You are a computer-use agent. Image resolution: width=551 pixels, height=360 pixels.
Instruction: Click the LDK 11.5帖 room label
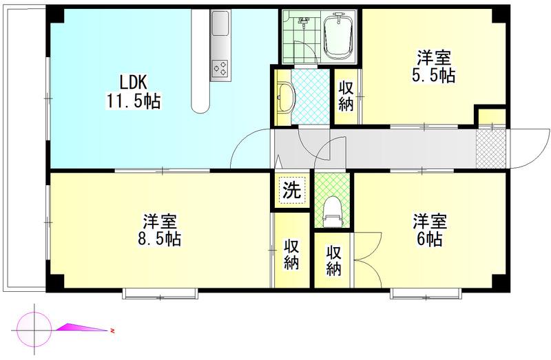(134, 92)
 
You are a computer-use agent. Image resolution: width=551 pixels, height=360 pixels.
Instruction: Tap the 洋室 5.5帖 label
(434, 67)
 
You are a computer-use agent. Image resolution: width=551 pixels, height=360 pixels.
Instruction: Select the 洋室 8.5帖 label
(160, 230)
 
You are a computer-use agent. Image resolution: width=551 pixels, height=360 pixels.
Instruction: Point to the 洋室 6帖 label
(429, 230)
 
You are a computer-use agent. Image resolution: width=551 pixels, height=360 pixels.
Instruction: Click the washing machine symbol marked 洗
(292, 191)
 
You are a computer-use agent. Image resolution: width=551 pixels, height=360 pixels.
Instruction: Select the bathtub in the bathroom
(339, 36)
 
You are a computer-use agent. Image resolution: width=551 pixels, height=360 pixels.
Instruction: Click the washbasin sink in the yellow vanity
(285, 98)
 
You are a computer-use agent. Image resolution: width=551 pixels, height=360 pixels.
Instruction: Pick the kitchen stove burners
(220, 68)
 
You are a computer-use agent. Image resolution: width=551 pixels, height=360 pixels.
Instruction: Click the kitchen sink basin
(220, 23)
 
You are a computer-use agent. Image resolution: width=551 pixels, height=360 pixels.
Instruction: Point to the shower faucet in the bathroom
(302, 22)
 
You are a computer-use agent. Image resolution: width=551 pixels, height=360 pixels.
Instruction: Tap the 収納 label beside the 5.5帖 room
(346, 96)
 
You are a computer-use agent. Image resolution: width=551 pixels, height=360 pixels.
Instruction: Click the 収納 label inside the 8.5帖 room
(291, 255)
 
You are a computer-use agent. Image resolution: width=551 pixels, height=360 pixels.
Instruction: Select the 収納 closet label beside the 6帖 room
(333, 261)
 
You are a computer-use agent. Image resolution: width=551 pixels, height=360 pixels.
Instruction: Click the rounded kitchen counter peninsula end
(200, 105)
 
